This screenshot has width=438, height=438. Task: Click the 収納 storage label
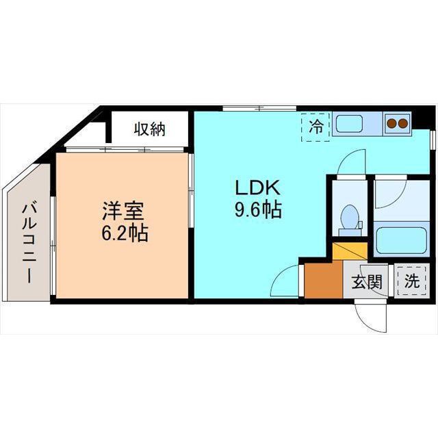(x=149, y=128)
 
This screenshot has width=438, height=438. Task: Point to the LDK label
(x=257, y=187)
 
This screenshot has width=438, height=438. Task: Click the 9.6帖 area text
(x=257, y=209)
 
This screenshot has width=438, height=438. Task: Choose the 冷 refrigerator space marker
(x=316, y=127)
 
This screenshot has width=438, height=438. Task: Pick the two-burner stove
(x=397, y=124)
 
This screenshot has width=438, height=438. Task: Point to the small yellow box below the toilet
(x=349, y=250)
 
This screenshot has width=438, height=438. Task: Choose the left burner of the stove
(x=392, y=124)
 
